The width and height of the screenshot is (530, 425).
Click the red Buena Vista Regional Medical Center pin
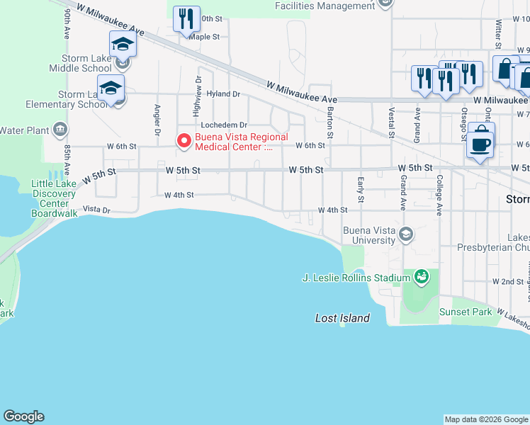click(x=184, y=141)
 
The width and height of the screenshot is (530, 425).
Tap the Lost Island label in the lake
click(x=342, y=318)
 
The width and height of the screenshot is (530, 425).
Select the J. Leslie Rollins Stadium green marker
click(x=421, y=276)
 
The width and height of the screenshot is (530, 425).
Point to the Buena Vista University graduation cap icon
click(x=406, y=234)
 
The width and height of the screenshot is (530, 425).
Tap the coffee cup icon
click(x=480, y=144)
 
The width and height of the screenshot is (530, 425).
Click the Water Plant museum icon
click(x=60, y=130)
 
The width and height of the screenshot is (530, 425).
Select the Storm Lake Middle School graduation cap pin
click(x=123, y=46)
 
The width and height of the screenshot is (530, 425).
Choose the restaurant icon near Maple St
click(x=185, y=19)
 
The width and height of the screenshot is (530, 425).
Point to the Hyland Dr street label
click(x=224, y=93)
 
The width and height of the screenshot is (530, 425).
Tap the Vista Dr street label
click(x=97, y=210)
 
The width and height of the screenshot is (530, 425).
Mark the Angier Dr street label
click(x=157, y=120)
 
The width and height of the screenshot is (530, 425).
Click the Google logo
click(x=23, y=416)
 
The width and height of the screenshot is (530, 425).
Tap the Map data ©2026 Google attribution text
click(x=485, y=419)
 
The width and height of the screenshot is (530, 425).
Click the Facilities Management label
click(x=325, y=6)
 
